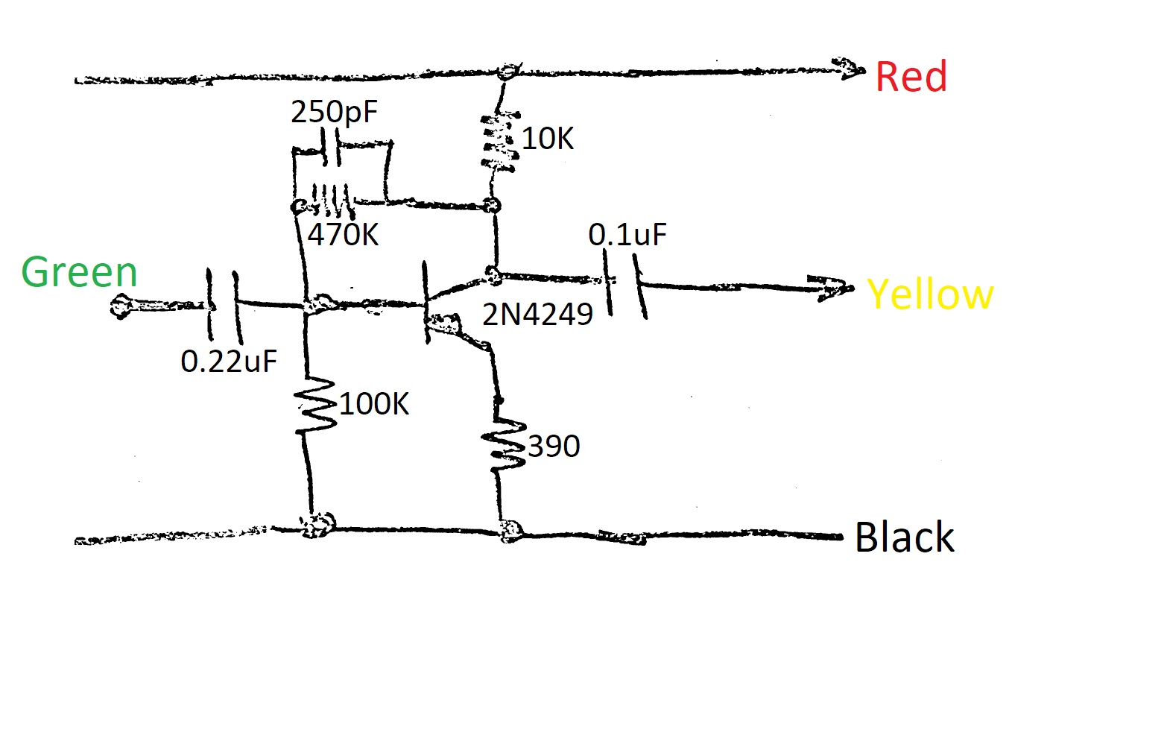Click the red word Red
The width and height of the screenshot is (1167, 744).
click(911, 77)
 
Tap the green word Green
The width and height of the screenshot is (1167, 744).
click(79, 272)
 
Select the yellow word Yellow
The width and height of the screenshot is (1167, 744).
click(930, 294)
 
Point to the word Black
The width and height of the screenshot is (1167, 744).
click(904, 537)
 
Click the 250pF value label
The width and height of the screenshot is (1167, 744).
click(334, 112)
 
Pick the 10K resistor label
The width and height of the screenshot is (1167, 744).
click(548, 139)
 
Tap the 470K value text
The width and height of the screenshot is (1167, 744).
click(343, 235)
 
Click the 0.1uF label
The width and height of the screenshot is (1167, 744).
click(627, 235)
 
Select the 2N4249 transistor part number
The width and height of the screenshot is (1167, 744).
click(537, 315)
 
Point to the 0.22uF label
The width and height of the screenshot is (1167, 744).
click(229, 362)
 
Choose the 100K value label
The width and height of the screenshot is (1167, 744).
click(374, 404)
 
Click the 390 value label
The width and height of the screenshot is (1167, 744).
click(554, 447)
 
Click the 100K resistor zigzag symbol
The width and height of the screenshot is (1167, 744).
click(316, 405)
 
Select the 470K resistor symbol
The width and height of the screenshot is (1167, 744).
click(331, 198)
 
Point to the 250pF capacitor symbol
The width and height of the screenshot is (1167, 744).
click(331, 148)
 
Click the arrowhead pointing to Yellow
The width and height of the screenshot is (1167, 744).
click(833, 289)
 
